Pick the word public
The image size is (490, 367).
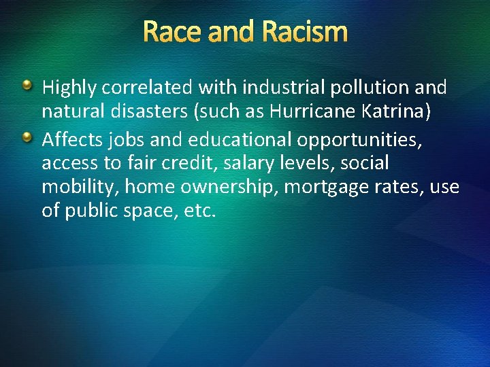click(x=95, y=211)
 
